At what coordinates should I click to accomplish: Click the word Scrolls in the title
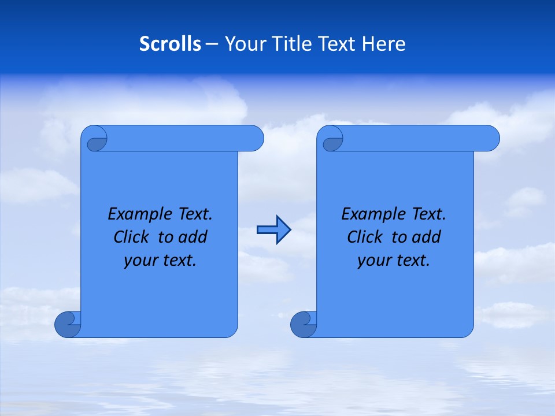click(x=171, y=44)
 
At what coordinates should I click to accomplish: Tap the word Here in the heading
click(x=384, y=44)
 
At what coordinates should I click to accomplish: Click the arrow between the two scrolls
click(x=273, y=230)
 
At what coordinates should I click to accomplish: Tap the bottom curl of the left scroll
click(x=67, y=324)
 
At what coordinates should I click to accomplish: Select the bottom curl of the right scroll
click(x=303, y=324)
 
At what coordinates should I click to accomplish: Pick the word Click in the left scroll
click(x=131, y=237)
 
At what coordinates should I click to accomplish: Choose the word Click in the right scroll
click(x=364, y=237)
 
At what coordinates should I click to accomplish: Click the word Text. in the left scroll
click(x=194, y=214)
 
